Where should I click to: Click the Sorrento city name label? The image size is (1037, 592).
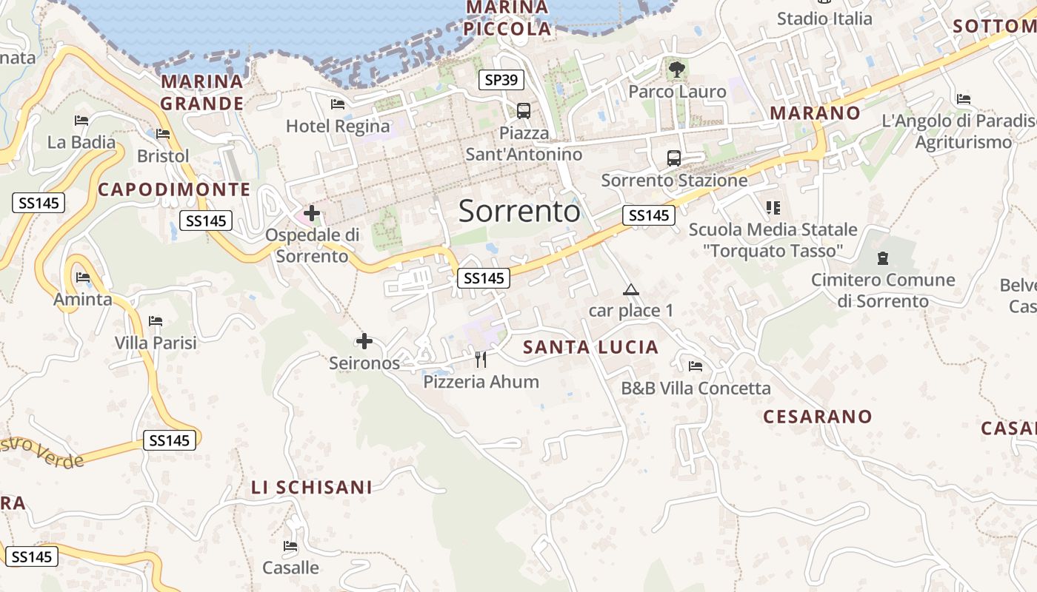pos(519,212)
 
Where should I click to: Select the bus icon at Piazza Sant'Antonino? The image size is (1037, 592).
pos(524,111)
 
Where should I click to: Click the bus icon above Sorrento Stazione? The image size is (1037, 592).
pos(674,158)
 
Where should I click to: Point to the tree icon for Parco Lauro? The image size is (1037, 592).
pos(676,70)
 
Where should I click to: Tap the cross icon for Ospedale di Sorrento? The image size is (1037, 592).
pos(312,214)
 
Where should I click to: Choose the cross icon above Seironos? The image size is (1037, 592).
pos(364,341)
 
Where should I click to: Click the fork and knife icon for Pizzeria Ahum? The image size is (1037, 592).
pos(481,360)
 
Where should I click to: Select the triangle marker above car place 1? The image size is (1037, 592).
pos(630,289)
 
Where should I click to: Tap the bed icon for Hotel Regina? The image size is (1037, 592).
pos(338,104)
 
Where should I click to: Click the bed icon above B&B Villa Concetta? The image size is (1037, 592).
pos(695,366)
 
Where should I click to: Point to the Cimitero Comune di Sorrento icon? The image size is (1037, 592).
pos(882,258)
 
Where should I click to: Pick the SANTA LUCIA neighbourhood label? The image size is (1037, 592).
pos(590,347)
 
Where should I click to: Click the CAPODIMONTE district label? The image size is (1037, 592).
pos(175,189)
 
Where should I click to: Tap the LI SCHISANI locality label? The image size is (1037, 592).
pos(312,487)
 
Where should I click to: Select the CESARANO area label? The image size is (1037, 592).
pos(818,416)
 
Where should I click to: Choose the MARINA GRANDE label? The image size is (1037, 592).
pos(202,92)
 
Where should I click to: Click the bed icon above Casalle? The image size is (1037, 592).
pos(290,546)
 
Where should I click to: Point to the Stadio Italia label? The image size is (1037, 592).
pos(824,18)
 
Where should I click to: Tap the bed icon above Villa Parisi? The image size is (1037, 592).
pos(156,321)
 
